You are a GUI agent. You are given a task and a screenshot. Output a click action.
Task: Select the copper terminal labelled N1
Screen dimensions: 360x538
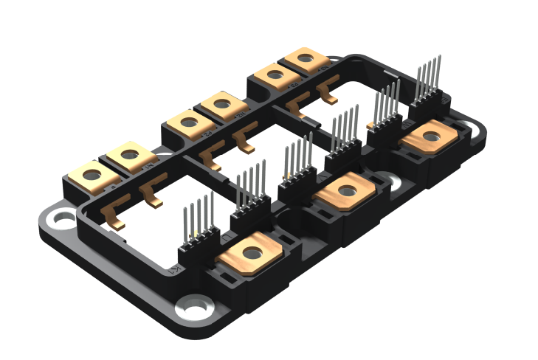[129, 156]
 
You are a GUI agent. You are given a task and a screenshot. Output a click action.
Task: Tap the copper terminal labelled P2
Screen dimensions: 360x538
[188, 122]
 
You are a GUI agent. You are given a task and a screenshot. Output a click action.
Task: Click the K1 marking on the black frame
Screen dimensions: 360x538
[175, 270]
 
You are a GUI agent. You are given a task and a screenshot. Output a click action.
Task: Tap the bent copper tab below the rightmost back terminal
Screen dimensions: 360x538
[325, 92]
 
